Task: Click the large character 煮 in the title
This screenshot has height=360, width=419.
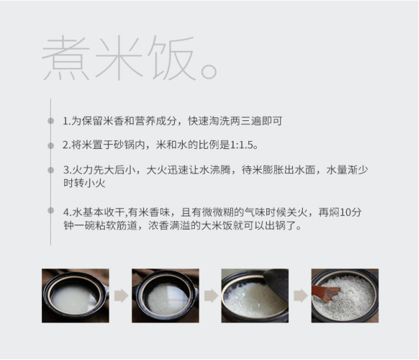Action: (66, 57)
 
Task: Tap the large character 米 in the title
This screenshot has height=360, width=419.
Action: (119, 57)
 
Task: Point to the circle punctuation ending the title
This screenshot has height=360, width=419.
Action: (209, 71)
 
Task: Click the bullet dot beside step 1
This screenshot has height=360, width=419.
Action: (51, 121)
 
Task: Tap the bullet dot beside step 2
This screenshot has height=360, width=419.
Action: (51, 146)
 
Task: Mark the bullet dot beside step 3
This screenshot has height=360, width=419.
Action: (51, 170)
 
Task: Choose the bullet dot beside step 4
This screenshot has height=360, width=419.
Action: (51, 210)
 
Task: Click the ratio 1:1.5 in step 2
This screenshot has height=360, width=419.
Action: (242, 145)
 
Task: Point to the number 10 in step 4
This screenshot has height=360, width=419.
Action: (345, 212)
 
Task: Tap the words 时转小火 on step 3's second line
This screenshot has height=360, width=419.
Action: (84, 183)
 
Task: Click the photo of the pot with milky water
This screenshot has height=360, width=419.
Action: (75, 295)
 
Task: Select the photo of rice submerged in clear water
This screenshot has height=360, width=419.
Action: (165, 295)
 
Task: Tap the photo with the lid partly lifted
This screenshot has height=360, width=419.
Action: (255, 295)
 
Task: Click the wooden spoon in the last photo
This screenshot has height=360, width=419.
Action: (326, 293)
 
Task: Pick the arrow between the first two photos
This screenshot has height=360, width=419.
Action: (121, 295)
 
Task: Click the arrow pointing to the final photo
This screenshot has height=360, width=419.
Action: (301, 295)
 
